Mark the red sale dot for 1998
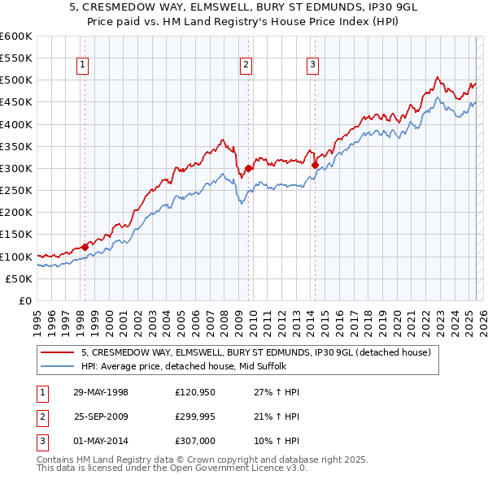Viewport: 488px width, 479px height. point(85,247)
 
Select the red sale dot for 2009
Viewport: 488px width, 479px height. point(247,168)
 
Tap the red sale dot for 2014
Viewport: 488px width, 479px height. point(314,165)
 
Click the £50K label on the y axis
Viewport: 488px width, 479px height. point(19,278)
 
